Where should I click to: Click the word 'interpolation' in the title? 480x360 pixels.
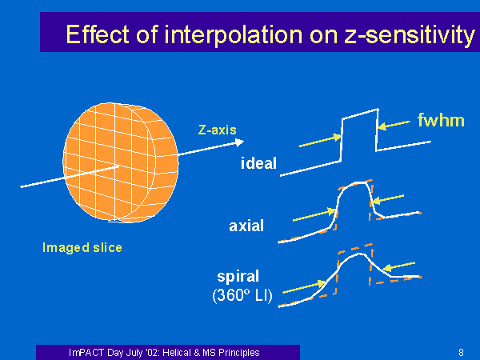pos(234,35)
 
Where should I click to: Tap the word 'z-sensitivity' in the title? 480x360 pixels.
pos(410,35)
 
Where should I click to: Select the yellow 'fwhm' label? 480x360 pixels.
pos(441,120)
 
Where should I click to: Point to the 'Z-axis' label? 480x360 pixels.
pos(218,130)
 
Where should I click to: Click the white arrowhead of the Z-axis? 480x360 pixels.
pos(239,142)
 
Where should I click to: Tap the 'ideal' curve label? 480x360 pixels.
pos(258,163)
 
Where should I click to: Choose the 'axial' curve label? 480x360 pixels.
pos(246,226)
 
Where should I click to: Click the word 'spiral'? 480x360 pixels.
pos(238,277)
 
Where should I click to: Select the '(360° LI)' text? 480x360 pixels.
pos(242,295)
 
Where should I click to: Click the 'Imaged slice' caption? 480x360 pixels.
pos(82,248)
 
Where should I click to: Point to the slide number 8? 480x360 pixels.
pos(461,352)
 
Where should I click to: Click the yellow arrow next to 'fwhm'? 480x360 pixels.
pos(394,125)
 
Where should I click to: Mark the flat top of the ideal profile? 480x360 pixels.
pos(360,114)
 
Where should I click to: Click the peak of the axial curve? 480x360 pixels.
pos(360,182)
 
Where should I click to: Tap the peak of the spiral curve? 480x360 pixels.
pos(360,254)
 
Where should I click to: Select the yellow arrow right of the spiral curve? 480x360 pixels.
pos(398,266)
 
